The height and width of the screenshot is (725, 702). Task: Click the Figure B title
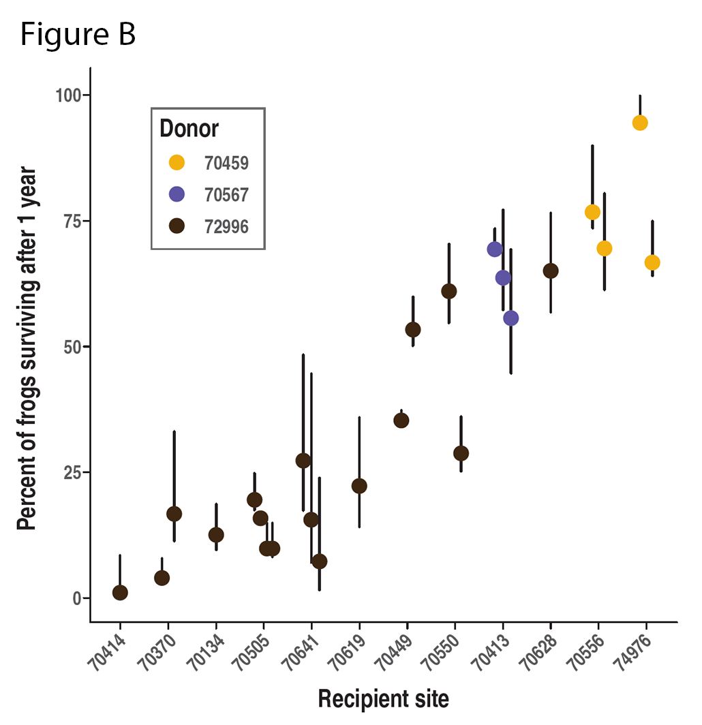(x=78, y=35)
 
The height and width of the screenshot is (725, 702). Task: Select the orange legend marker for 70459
(x=177, y=162)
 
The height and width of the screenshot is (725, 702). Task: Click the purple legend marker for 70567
(x=177, y=194)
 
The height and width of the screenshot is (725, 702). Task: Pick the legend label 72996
(x=226, y=226)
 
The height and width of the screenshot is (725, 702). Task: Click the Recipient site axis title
(x=384, y=699)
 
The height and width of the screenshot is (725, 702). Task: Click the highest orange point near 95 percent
(x=639, y=123)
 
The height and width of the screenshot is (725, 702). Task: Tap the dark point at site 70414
(x=120, y=593)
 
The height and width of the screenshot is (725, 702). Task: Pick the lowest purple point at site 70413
(x=510, y=318)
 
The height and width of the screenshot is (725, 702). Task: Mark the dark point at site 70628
(x=551, y=271)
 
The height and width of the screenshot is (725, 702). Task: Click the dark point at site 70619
(x=359, y=486)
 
